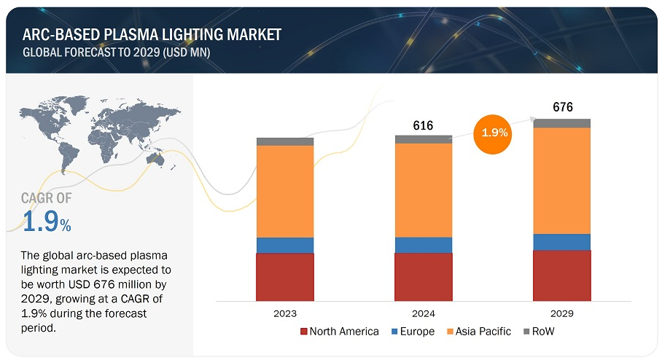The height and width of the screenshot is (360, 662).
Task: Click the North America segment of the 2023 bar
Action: (285, 278)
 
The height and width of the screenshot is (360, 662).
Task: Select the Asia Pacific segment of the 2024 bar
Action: (424, 190)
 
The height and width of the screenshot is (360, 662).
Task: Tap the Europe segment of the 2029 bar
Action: (562, 242)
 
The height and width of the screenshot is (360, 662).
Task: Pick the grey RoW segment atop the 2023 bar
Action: (285, 141)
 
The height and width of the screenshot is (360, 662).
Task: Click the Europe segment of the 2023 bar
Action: (285, 245)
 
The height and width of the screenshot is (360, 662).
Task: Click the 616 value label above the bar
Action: (423, 125)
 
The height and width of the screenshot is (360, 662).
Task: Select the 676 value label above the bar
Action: (562, 108)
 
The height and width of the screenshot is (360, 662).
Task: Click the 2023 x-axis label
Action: (285, 313)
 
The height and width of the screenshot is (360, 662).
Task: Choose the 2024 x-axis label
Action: (424, 313)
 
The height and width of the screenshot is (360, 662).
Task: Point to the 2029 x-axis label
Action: (562, 313)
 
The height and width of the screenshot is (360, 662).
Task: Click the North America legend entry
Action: (340, 332)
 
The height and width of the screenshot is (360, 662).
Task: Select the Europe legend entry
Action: (413, 332)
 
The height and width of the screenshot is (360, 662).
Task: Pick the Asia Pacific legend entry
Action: (478, 332)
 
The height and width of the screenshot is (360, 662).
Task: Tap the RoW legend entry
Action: (540, 332)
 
